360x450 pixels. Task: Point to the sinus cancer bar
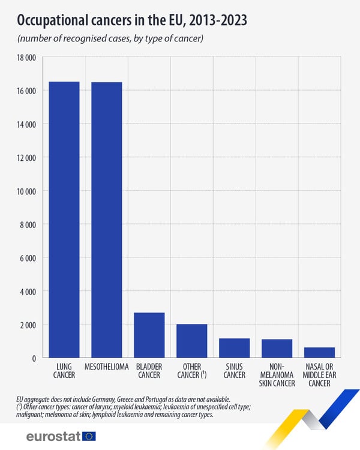234,348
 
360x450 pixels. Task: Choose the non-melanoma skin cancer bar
277,349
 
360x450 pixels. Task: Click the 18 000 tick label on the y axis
26,58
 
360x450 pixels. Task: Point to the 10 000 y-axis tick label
26,191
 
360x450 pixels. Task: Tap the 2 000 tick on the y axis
28,325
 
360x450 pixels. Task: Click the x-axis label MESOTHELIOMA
107,367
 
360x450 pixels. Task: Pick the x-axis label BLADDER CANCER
149,371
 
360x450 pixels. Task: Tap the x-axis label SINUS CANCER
234,371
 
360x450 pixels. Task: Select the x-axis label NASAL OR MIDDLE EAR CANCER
319,375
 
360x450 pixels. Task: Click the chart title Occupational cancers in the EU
132,21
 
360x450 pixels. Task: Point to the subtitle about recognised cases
111,39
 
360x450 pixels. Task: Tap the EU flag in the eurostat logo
89,436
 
